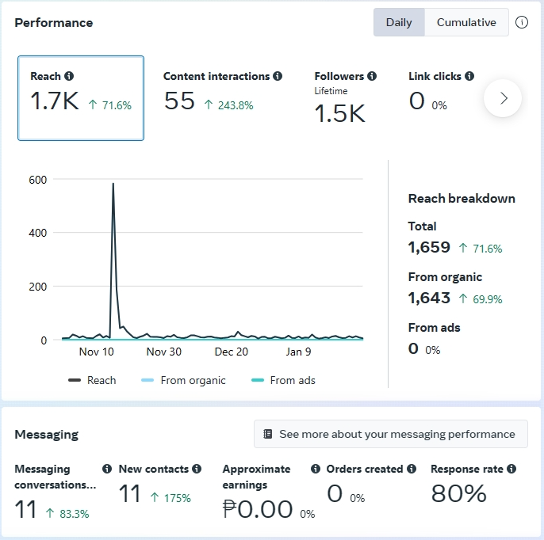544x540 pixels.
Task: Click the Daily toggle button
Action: point(399,22)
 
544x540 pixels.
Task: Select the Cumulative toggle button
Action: point(466,22)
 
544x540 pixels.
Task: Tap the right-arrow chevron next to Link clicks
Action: point(503,98)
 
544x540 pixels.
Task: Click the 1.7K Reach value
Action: point(55,101)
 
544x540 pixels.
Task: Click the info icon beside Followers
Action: point(372,76)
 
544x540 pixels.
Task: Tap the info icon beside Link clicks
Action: point(469,76)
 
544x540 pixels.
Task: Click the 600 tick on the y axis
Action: point(38,179)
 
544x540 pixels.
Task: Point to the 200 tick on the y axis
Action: point(38,287)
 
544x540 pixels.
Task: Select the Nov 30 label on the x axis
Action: point(164,352)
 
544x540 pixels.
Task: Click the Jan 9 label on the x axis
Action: point(299,352)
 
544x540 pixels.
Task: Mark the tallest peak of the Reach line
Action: point(113,184)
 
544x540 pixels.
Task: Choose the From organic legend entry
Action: point(184,380)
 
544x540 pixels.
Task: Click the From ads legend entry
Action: point(284,380)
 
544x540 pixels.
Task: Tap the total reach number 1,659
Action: point(429,247)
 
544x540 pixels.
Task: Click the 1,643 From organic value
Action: point(429,298)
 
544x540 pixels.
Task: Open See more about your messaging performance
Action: point(390,434)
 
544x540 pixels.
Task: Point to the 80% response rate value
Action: point(458,494)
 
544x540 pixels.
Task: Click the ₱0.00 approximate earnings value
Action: point(258,509)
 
